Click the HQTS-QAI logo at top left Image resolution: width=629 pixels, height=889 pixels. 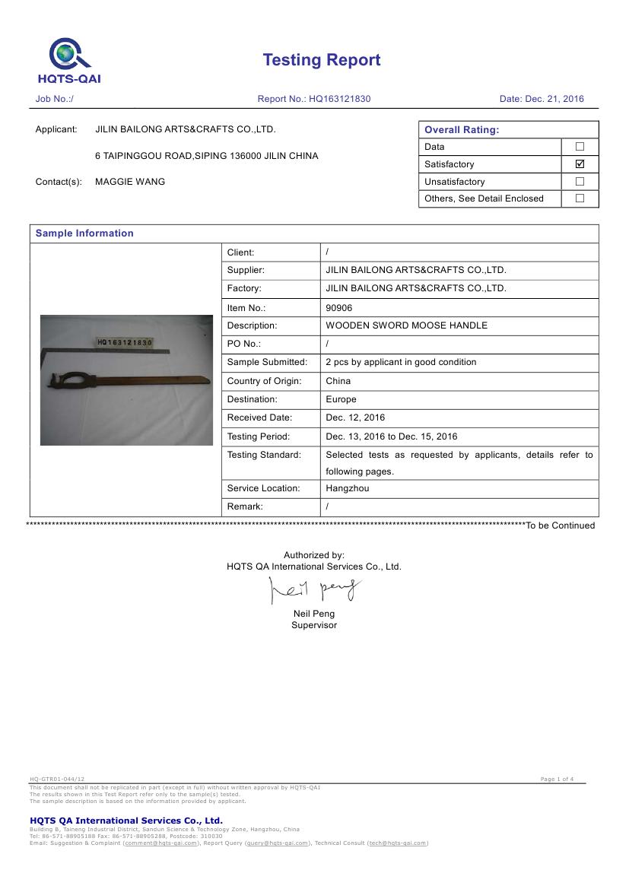click(69, 61)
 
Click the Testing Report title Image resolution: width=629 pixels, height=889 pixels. click(322, 60)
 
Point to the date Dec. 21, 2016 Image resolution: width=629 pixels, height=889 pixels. click(554, 99)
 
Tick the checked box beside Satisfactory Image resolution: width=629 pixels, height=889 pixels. click(580, 164)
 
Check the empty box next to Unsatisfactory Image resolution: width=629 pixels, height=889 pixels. click(580, 181)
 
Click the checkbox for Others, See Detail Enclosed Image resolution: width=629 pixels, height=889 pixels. click(580, 198)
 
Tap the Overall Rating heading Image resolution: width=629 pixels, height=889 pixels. click(462, 129)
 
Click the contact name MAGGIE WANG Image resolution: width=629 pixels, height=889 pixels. click(130, 182)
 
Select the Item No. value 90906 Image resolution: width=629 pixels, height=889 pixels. click(339, 308)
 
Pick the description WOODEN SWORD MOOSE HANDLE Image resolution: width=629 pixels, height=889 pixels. click(406, 325)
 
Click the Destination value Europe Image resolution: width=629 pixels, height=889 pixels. click(341, 399)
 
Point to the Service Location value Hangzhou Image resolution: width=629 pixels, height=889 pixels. click(347, 488)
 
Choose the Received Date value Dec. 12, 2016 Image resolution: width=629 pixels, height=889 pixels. click(355, 418)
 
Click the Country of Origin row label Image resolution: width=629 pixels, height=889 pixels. click(264, 381)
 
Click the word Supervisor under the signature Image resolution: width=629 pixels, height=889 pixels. click(314, 625)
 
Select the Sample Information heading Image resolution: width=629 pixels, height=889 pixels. click(84, 233)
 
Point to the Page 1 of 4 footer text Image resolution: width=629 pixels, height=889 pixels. click(557, 779)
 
